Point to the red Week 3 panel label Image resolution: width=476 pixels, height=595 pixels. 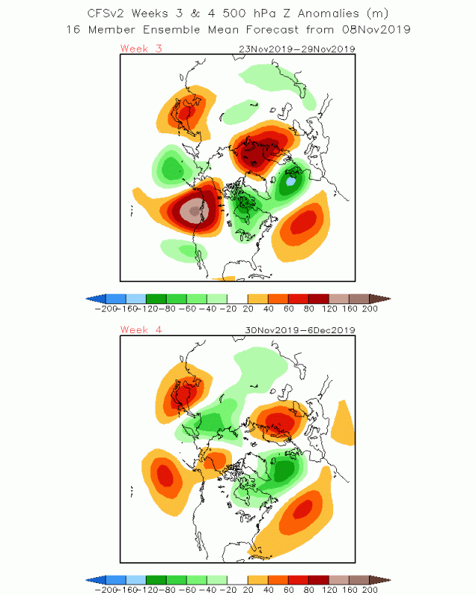point(141,49)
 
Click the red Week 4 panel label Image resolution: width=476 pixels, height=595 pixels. point(141,329)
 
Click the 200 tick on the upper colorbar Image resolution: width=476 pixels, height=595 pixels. point(370,308)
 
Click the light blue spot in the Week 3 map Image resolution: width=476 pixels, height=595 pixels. point(292,181)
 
